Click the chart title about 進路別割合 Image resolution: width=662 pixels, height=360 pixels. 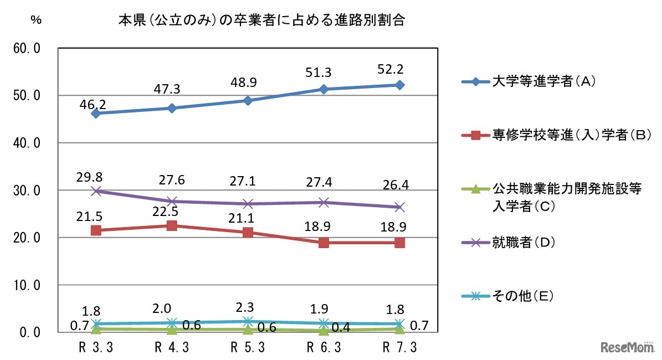pyautogui.click(x=261, y=22)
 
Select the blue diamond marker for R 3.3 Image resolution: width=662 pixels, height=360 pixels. pyautogui.click(x=96, y=114)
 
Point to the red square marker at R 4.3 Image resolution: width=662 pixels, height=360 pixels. pyautogui.click(x=172, y=225)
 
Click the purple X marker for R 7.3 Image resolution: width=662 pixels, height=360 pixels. pyautogui.click(x=399, y=207)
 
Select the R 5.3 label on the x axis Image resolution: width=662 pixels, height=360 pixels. pyautogui.click(x=247, y=347)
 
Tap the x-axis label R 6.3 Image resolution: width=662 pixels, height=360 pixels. pyautogui.click(x=323, y=347)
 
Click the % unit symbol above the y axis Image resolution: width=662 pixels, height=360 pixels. pyautogui.click(x=36, y=19)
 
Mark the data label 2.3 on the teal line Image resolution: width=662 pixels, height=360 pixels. pyautogui.click(x=248, y=306)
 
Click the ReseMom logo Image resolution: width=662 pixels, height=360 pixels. pyautogui.click(x=628, y=347)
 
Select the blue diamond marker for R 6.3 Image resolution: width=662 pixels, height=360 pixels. pyautogui.click(x=324, y=89)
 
